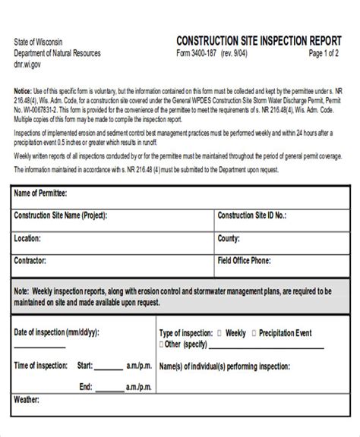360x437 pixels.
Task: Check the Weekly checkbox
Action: pyautogui.click(x=219, y=333)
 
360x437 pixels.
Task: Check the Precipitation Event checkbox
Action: pyautogui.click(x=254, y=333)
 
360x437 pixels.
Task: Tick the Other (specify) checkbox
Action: pyautogui.click(x=159, y=344)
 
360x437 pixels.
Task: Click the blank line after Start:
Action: pyautogui.click(x=109, y=366)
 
